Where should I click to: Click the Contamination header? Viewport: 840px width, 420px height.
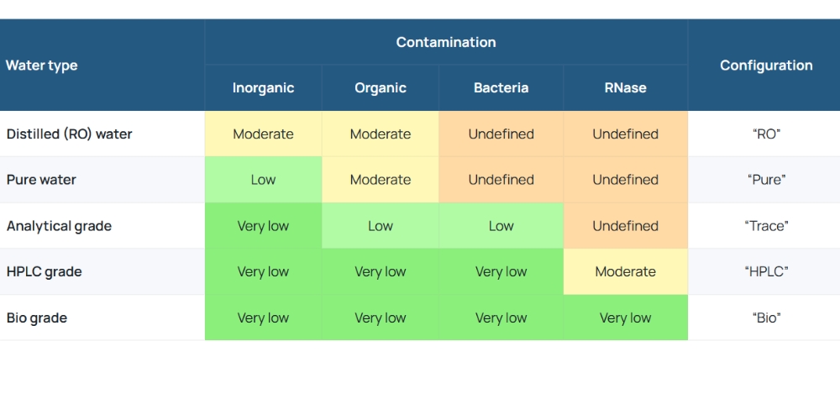(x=446, y=42)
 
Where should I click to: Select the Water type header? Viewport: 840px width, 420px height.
(x=42, y=66)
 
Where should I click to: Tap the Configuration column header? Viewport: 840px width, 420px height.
(x=766, y=66)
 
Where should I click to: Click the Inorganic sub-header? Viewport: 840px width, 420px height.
(x=263, y=88)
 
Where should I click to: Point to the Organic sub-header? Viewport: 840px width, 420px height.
(x=381, y=88)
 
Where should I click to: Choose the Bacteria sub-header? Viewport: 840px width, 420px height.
(x=501, y=88)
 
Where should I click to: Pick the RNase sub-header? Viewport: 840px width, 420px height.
(x=625, y=88)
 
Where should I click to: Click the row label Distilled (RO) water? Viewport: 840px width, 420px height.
(x=69, y=134)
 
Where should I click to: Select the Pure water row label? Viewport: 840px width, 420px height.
(x=41, y=180)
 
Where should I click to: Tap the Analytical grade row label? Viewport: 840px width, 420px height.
(x=59, y=226)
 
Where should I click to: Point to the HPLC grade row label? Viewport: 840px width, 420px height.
(x=44, y=271)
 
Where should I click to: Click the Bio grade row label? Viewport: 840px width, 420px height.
(x=36, y=318)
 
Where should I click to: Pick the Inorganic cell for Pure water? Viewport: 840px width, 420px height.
(x=263, y=180)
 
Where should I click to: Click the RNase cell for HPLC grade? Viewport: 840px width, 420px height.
(x=625, y=271)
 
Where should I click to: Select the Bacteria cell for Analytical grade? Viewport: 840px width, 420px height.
(x=501, y=226)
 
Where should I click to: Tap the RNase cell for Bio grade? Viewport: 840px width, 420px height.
(x=625, y=318)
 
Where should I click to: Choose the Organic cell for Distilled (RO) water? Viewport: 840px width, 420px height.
(x=381, y=134)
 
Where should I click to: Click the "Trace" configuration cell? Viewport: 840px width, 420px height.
(x=766, y=226)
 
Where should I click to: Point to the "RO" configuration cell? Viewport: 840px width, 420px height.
(x=766, y=134)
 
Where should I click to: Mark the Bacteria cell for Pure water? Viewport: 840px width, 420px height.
(x=501, y=180)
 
